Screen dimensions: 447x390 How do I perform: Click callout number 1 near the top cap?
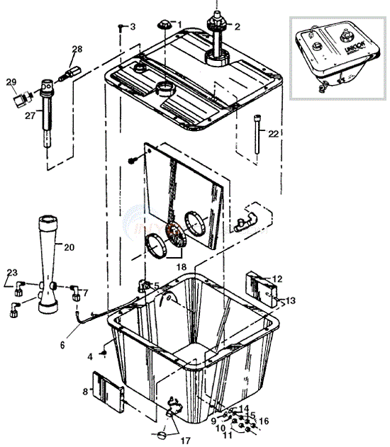[179, 26]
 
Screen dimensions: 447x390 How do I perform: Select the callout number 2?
[237, 27]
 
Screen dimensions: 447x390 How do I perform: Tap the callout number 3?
[132, 27]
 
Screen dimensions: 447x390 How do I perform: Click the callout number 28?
[77, 49]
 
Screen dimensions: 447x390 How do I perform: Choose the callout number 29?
[11, 83]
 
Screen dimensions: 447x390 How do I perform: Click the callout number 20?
[68, 247]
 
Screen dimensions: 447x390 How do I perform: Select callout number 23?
[12, 272]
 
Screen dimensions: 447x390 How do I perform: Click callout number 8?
[86, 390]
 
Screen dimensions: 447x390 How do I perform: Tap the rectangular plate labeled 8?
[108, 390]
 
